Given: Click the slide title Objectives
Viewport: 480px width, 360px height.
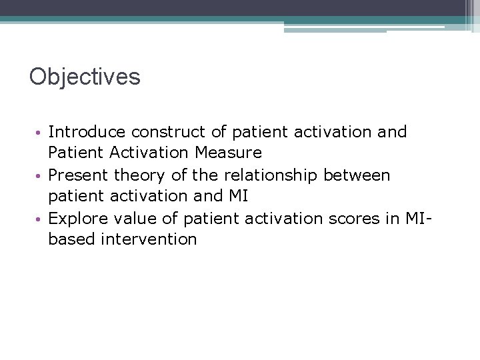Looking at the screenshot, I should point(85,77).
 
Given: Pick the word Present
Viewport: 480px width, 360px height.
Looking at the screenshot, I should point(79,175).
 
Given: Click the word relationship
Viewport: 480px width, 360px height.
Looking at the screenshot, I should point(266,176).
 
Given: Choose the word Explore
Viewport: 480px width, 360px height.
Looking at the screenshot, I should point(77,219).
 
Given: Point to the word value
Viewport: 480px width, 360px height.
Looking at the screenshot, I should point(137,219).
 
